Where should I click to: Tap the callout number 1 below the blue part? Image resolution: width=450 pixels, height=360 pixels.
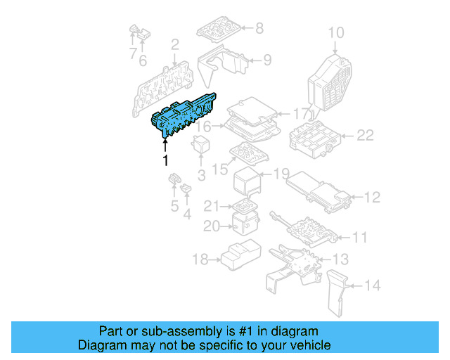pos(166,161)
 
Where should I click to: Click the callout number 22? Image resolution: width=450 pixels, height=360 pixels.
pos(365,136)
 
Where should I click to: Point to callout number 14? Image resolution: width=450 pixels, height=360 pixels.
pos(373,285)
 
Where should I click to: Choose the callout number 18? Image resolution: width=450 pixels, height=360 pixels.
pos(200,260)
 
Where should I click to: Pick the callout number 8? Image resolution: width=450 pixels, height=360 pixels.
pos(259,29)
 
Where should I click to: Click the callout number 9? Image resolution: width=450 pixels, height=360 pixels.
pos(267,60)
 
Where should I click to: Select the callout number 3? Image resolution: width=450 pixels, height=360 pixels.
pos(201,175)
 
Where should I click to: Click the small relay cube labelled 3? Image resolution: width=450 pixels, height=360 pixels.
pos(201,145)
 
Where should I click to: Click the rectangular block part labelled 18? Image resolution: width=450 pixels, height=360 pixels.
pos(239,256)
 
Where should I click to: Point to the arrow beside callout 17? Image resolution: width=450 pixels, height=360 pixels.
pos(283,113)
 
